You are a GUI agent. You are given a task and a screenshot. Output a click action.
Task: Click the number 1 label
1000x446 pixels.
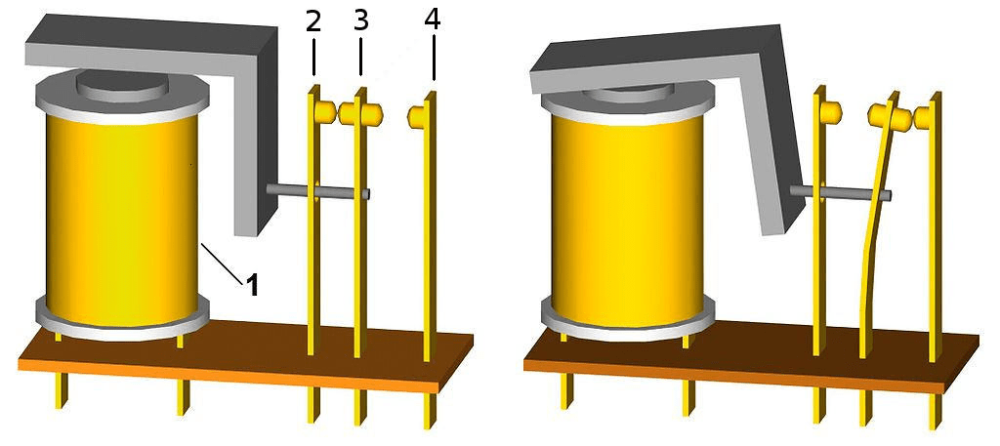(x=253, y=285)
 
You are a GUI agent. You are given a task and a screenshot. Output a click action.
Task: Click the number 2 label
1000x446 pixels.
(x=313, y=22)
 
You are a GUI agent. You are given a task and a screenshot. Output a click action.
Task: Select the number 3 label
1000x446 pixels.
(x=361, y=21)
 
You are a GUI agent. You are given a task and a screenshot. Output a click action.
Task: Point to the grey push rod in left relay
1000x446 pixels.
(x=317, y=190)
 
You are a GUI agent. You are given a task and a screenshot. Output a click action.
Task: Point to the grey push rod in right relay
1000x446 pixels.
(x=841, y=192)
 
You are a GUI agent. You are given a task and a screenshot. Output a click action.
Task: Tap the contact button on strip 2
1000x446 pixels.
(x=324, y=112)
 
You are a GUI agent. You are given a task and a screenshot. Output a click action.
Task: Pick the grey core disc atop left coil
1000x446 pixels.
(x=122, y=84)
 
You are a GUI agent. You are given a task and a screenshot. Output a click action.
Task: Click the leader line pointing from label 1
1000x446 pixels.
(x=222, y=263)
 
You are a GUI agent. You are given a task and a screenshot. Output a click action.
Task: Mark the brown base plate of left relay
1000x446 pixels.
(x=245, y=357)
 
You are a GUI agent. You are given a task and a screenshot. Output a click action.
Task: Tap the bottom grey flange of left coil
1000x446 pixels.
(x=121, y=318)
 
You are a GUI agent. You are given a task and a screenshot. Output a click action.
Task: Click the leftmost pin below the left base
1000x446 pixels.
(x=61, y=390)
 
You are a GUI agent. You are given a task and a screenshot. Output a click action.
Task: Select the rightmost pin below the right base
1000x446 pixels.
(x=936, y=412)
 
